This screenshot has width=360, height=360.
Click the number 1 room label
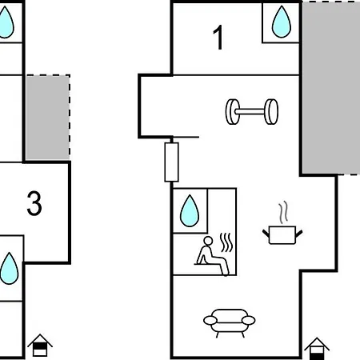click(x=218, y=38)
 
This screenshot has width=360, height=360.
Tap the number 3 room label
click(x=34, y=203)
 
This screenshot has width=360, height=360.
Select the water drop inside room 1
click(x=282, y=22)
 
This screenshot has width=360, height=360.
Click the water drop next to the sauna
click(x=190, y=210)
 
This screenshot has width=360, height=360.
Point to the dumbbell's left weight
click(x=232, y=112)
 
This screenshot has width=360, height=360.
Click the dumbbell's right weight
click(x=271, y=112)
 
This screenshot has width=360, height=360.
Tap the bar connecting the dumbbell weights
click(x=251, y=111)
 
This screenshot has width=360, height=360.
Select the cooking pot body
click(x=282, y=235)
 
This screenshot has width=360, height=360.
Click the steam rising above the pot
click(x=284, y=212)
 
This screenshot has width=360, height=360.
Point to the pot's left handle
click(x=266, y=234)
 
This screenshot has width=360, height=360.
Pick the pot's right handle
click(x=299, y=234)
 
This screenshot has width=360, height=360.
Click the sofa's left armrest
click(x=210, y=320)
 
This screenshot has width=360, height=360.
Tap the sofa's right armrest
click(x=248, y=320)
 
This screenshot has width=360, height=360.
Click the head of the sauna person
click(x=208, y=241)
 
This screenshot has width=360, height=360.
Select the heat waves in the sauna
click(x=226, y=242)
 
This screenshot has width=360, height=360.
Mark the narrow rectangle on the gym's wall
click(x=171, y=162)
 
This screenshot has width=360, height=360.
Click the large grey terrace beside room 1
click(x=331, y=87)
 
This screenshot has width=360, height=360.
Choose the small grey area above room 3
click(x=48, y=118)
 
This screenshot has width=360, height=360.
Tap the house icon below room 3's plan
click(x=40, y=345)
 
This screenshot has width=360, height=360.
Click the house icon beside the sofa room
click(x=317, y=349)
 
